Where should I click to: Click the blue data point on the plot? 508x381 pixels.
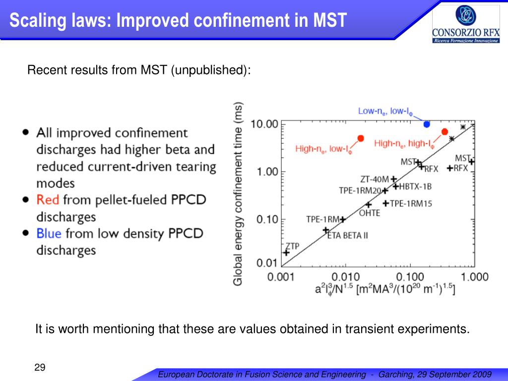point(427,124)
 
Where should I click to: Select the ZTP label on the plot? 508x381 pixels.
point(292,246)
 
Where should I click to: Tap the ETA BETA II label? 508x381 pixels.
point(347,235)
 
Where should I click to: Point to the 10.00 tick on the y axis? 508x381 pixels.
point(264,124)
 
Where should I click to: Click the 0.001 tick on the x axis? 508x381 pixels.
point(282,276)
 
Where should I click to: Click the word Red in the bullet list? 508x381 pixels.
point(48,200)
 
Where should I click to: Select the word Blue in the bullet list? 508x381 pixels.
point(49,233)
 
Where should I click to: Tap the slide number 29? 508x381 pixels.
point(40,368)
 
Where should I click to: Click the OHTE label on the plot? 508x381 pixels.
point(369,213)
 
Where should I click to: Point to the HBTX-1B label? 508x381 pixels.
point(416,187)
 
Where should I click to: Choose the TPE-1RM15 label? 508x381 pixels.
point(411,203)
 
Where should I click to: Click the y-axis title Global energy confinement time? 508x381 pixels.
point(238,193)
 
